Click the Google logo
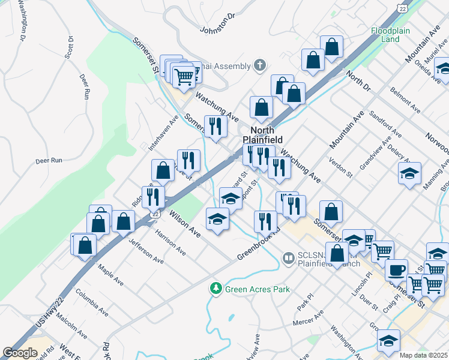(x=20, y=353)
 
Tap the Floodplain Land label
(x=385, y=35)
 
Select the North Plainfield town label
(x=262, y=136)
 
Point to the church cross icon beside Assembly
(x=259, y=65)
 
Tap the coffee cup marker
(x=396, y=269)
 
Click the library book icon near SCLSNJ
(x=289, y=258)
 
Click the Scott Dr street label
(x=69, y=47)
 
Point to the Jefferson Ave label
(x=146, y=251)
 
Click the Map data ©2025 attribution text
(x=424, y=355)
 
